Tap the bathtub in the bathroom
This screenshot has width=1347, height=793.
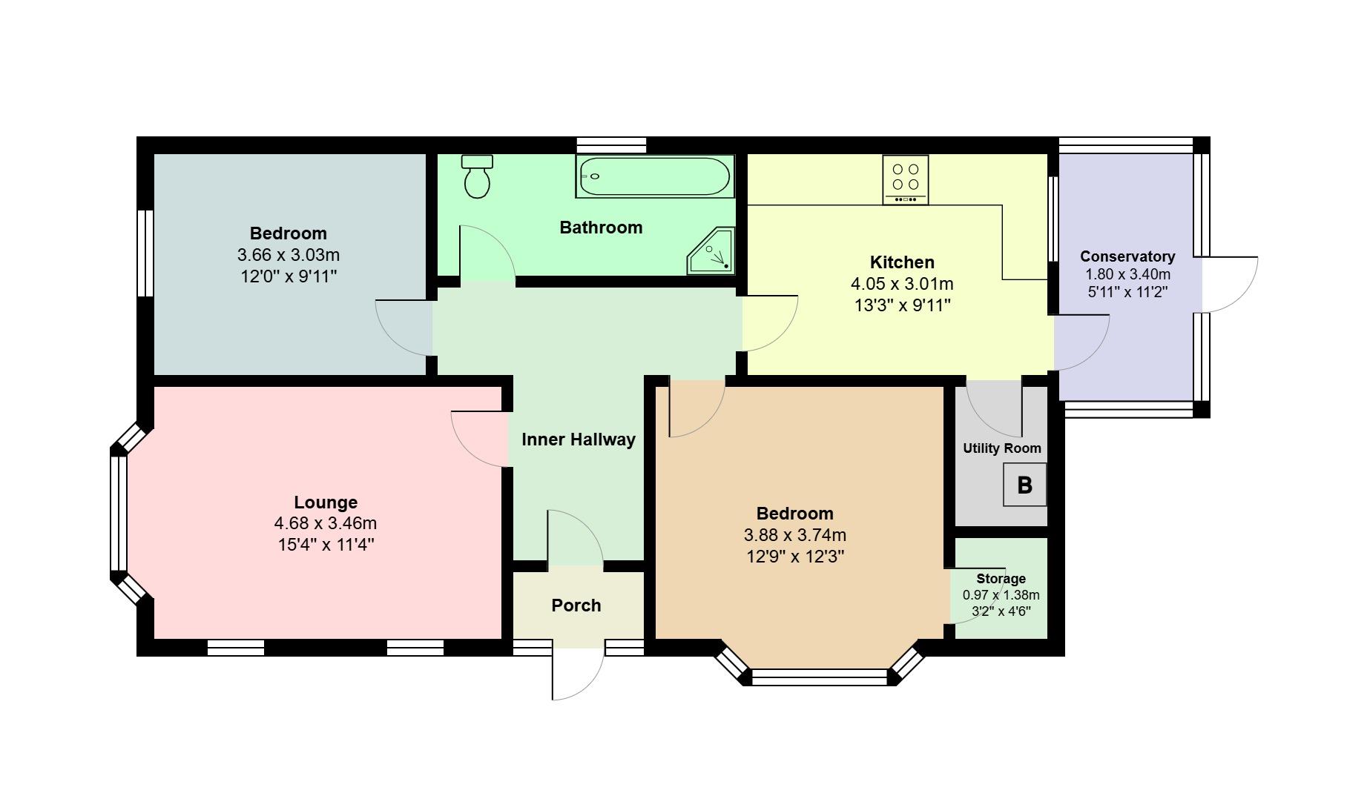coord(654,176)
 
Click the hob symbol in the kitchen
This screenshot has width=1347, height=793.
coord(906,179)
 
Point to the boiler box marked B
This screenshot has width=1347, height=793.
coord(1024,485)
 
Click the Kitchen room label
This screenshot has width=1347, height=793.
coord(902,262)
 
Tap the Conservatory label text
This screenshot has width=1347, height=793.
coord(1127,256)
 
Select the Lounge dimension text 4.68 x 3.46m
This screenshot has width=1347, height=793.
coord(326,523)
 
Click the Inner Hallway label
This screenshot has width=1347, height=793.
coord(579,439)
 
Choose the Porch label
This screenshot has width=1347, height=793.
coord(576,605)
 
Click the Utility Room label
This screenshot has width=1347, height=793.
coord(1002,448)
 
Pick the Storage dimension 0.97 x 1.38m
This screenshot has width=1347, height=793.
coord(1001,595)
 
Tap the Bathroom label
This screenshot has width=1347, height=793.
coord(601,228)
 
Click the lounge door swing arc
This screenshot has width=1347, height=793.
coord(477,439)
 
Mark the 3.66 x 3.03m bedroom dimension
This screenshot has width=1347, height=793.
coord(289,255)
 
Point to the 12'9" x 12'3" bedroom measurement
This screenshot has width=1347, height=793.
coord(795,557)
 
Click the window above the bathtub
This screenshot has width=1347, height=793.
coord(611,145)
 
